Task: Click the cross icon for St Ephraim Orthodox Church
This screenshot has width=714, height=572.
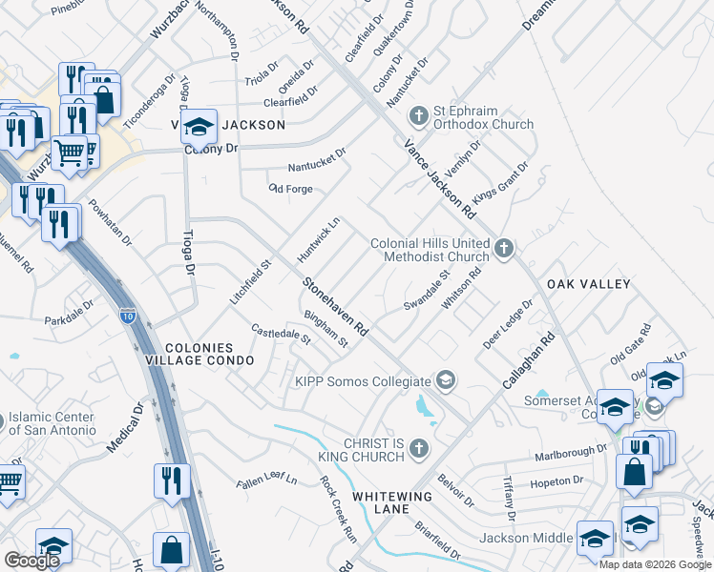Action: tap(418, 116)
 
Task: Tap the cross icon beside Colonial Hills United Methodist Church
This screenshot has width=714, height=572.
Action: tap(504, 250)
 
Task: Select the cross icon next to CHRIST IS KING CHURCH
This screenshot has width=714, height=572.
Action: tap(418, 448)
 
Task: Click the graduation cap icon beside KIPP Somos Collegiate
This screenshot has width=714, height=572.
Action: tap(445, 381)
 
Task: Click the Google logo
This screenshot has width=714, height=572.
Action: tap(31, 561)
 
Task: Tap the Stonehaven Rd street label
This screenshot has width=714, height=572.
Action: tap(336, 305)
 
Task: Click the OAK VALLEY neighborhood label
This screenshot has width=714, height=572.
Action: tap(588, 284)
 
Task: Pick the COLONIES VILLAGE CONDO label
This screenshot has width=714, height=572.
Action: tap(209, 354)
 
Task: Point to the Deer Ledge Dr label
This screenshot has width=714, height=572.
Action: tap(507, 323)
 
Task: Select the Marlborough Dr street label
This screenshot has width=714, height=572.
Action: tap(571, 452)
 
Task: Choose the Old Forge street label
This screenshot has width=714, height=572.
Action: tap(291, 189)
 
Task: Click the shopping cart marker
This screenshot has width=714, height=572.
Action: tap(69, 152)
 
